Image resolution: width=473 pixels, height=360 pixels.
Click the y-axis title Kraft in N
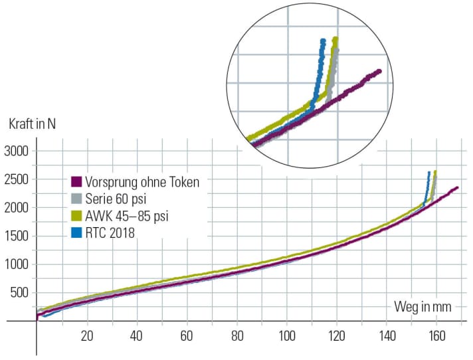click(x=31, y=124)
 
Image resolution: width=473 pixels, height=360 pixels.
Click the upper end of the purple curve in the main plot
click(x=457, y=188)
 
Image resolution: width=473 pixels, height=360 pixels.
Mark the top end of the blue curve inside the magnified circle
click(x=323, y=41)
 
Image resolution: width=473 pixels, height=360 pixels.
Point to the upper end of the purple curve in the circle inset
click(x=379, y=71)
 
